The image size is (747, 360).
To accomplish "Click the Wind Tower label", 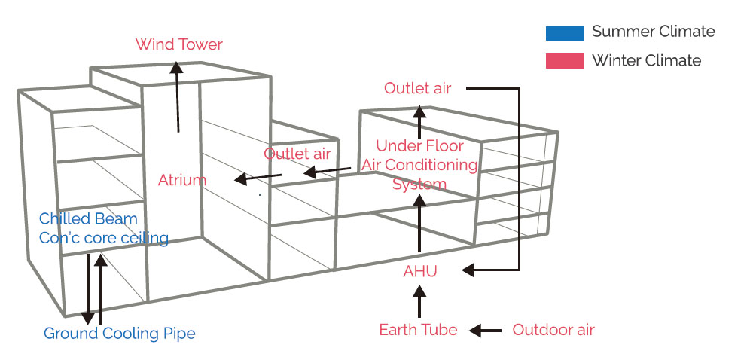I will tap(179, 44).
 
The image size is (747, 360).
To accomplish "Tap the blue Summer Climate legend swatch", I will tap(565, 32).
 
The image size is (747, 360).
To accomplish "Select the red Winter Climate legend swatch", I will tap(565, 61).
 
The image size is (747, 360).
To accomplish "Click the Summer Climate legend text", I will tap(653, 32).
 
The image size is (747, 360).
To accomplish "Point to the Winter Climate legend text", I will tap(646, 61).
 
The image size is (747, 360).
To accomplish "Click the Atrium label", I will tap(181, 181).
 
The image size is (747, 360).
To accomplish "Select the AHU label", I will tap(419, 272).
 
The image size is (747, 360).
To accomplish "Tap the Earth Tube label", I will tap(418, 330).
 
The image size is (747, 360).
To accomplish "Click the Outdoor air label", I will tap(553, 330).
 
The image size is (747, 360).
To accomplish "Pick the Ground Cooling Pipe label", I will tap(119, 333).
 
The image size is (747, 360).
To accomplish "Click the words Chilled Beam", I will tap(88, 219).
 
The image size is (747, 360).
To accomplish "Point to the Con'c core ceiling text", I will tap(103, 238).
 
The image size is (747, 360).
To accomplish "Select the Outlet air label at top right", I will tap(417, 88).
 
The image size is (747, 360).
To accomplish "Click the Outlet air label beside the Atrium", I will tap(297, 154).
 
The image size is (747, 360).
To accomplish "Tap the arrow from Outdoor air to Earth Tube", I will tap(485, 330).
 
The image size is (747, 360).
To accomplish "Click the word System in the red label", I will tap(419, 184).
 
